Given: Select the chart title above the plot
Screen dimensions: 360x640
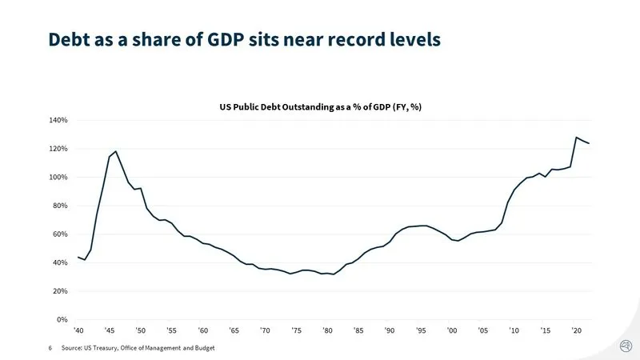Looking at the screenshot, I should click(319, 105).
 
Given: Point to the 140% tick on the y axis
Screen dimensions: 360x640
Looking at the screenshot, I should click(59, 120).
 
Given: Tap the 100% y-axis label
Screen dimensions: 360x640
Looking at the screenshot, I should click(59, 177).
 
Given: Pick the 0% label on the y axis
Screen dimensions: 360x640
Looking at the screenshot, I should click(63, 320).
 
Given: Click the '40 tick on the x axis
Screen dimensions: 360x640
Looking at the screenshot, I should click(78, 330).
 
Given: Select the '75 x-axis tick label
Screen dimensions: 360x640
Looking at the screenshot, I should click(296, 330).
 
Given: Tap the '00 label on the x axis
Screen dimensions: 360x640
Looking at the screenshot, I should click(451, 330).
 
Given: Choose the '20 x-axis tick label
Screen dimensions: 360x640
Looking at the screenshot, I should click(575, 330).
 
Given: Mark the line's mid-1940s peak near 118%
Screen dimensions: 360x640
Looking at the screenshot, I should click(116, 151).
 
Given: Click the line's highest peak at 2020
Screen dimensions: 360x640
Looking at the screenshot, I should click(576, 138).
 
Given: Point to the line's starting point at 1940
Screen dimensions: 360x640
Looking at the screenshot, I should click(78, 257).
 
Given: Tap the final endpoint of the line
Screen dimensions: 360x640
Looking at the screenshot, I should click(589, 143).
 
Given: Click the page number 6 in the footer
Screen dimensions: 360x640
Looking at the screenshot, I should click(50, 348).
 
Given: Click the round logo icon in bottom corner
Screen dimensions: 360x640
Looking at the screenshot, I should click(626, 346).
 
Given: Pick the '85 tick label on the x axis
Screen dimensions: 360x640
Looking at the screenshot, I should click(358, 330).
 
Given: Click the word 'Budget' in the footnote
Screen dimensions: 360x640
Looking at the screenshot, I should click(203, 348).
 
